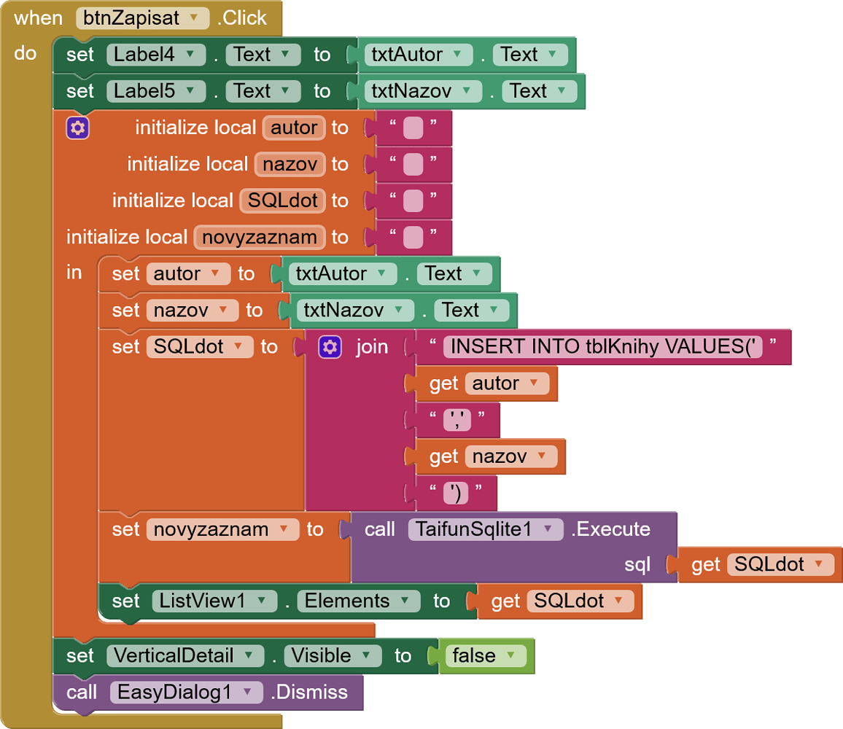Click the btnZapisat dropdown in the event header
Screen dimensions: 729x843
[138, 18]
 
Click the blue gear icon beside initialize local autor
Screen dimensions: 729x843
[77, 128]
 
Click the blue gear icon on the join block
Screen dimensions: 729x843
[330, 347]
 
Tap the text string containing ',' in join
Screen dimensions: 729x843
[457, 420]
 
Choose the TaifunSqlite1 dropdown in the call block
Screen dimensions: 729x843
[485, 529]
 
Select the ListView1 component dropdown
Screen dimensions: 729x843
[214, 601]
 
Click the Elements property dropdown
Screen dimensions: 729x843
[357, 601]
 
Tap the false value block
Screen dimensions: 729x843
[484, 655]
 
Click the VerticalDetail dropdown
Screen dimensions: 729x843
[184, 655]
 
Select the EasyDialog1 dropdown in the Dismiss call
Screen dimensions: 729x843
[185, 692]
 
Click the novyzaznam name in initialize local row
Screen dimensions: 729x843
[260, 237]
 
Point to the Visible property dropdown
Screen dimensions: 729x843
[332, 655]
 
